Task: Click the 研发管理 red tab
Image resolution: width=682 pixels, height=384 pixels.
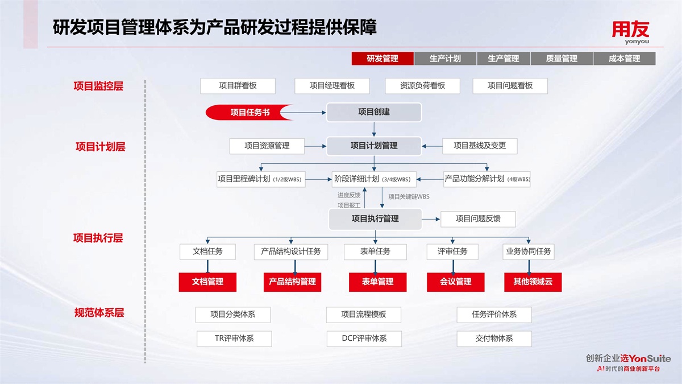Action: point(382,59)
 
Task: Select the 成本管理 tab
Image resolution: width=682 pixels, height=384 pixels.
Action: point(624,59)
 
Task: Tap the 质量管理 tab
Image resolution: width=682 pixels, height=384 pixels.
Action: point(562,59)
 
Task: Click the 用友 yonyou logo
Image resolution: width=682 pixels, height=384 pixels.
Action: point(630,32)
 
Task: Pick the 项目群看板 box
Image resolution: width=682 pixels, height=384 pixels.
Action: point(238,86)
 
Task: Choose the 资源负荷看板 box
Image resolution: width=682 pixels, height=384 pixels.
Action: point(422,86)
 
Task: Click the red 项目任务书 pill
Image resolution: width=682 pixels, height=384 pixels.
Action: point(249,113)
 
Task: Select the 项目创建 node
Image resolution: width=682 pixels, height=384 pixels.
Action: point(374,112)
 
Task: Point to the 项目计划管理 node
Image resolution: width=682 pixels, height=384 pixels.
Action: point(374,146)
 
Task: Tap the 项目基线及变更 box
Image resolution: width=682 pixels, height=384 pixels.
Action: point(480,146)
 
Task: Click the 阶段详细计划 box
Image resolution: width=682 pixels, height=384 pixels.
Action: point(374,179)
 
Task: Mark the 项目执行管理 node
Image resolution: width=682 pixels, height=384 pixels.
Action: point(375,218)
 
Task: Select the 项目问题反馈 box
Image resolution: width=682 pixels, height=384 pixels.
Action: point(478,218)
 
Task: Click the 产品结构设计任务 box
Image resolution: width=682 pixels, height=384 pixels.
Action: point(291,251)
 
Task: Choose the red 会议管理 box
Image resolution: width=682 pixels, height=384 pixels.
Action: point(456,282)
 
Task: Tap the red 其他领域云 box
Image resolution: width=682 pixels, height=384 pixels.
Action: point(533,282)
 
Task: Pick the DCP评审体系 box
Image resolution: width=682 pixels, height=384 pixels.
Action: point(364,338)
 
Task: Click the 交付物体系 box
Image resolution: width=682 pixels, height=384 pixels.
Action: point(494,338)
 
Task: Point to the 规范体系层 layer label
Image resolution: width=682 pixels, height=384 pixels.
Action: point(99,312)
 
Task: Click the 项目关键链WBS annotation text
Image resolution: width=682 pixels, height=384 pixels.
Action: point(409,197)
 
